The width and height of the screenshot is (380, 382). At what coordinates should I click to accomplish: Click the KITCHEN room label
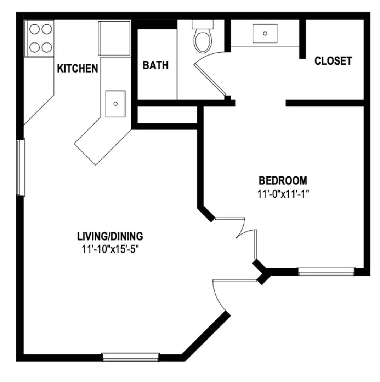coord(78,69)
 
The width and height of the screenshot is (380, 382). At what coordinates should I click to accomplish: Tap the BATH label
coord(155,65)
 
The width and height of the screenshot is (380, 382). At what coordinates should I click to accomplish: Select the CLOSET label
coord(333,61)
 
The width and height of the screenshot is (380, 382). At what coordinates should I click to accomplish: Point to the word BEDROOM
coord(283,180)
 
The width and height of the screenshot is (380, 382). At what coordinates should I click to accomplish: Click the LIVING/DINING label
coord(110,236)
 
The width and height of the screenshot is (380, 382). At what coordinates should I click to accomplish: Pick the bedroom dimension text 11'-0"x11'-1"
coord(283,194)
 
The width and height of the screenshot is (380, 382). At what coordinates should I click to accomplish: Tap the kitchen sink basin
coord(115,104)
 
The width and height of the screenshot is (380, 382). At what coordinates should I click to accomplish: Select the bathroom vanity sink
coord(265,33)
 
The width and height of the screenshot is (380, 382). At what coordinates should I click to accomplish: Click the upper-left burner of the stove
coord(34,29)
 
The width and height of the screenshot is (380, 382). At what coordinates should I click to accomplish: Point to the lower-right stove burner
coord(47,47)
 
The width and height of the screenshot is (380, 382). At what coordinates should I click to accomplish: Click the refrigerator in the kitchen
coord(114,39)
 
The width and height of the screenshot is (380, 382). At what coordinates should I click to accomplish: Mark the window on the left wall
coord(21,168)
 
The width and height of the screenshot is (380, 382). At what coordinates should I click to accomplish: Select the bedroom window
coord(326,271)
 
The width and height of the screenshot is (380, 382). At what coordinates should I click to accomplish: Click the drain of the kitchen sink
coord(115,104)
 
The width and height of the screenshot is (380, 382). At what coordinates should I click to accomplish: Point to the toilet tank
coord(203,24)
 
